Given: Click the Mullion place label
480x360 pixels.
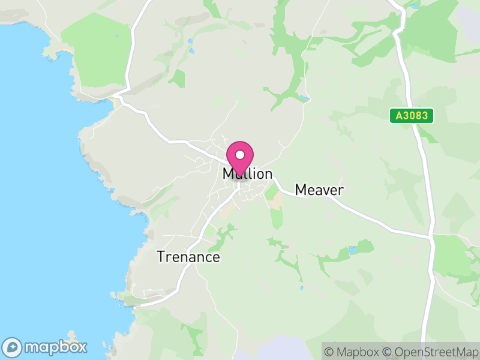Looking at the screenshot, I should coord(247,175).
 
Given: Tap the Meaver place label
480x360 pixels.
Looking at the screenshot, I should coord(319,190).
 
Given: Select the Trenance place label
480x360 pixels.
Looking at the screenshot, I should coord(188,257).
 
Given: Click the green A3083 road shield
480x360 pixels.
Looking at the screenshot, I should coord(412,116).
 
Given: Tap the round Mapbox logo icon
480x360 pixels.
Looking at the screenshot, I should coord(13,347).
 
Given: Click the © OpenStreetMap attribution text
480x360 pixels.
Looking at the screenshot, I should coord(431,352).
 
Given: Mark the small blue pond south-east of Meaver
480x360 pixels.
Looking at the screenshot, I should coord(352,249).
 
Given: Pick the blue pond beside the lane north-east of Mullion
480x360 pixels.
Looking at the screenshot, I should coord(304,98).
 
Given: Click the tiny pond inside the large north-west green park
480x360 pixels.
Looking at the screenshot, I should coord(118,35).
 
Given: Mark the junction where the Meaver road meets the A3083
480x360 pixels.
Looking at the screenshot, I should coord(430,236).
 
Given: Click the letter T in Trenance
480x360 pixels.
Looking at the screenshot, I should coord(161,257).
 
